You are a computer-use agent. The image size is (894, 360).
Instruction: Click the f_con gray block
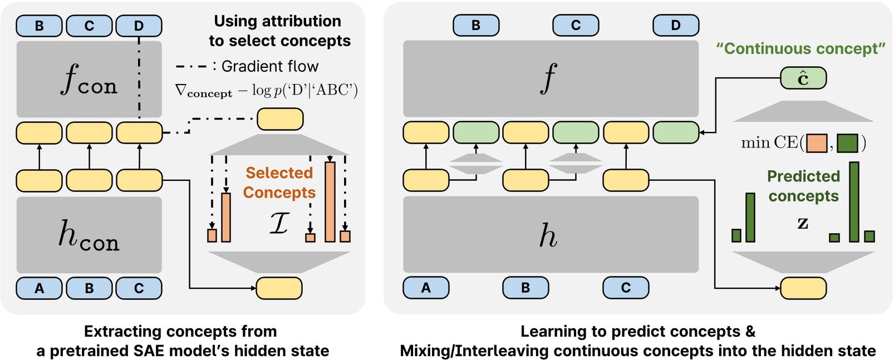pyautogui.click(x=89, y=78)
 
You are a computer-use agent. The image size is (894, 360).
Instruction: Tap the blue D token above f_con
pyautogui.click(x=139, y=26)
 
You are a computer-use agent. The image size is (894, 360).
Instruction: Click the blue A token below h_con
pyautogui.click(x=39, y=288)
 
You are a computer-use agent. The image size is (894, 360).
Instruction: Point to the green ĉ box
pyautogui.click(x=803, y=78)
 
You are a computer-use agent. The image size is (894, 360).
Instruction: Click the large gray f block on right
pyautogui.click(x=550, y=78)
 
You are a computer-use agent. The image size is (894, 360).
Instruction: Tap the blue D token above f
pyautogui.click(x=675, y=26)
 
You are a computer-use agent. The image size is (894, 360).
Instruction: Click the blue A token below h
pyautogui.click(x=426, y=288)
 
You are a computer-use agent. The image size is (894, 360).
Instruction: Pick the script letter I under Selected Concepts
pyautogui.click(x=279, y=223)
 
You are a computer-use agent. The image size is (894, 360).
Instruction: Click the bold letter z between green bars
pyautogui.click(x=802, y=224)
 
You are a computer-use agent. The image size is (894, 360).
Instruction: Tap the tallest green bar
pyautogui.click(x=854, y=202)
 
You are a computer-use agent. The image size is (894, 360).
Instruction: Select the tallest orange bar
pyautogui.click(x=330, y=202)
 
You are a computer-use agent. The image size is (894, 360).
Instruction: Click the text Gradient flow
pyautogui.click(x=269, y=67)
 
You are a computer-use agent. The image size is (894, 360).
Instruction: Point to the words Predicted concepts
pyautogui.click(x=803, y=186)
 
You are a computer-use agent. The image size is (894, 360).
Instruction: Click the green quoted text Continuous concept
pyautogui.click(x=800, y=49)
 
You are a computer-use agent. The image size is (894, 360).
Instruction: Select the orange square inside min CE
pyautogui.click(x=817, y=144)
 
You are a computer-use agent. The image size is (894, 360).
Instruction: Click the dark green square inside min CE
pyautogui.click(x=847, y=144)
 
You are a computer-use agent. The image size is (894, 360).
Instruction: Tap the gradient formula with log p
pyautogui.click(x=267, y=90)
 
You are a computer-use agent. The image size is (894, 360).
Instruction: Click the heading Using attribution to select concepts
pyautogui.click(x=279, y=31)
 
